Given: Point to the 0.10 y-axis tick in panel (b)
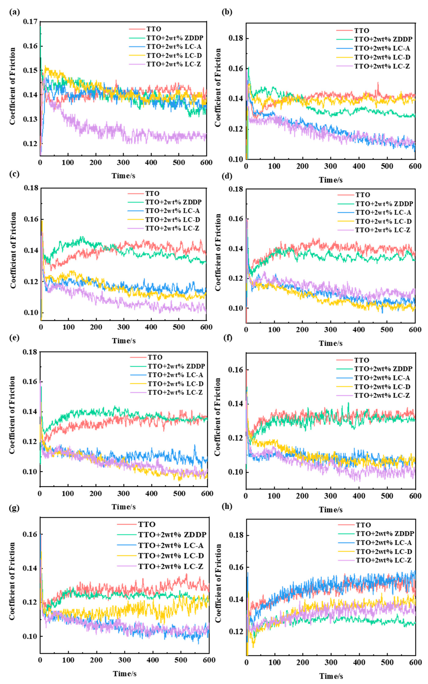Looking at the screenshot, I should click(236, 159).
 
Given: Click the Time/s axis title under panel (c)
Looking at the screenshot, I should click(124, 341).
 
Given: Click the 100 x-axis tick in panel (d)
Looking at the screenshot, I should click(274, 330).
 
